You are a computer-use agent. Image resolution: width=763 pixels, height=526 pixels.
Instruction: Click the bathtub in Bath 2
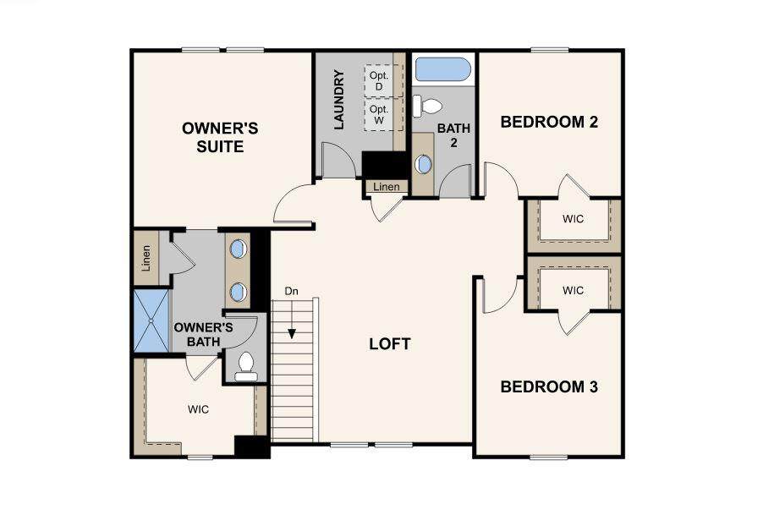pyautogui.click(x=442, y=69)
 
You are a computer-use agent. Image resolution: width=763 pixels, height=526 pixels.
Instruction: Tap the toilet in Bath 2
pyautogui.click(x=426, y=106)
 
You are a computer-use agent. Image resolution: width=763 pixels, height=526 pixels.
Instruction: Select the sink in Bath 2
pyautogui.click(x=424, y=164)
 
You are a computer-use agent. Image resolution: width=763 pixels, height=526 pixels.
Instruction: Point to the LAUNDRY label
pyautogui.click(x=339, y=100)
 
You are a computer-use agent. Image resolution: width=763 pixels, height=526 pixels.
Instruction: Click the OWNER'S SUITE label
pyautogui.click(x=220, y=137)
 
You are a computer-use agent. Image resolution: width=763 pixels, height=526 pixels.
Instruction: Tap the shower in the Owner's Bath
pyautogui.click(x=151, y=321)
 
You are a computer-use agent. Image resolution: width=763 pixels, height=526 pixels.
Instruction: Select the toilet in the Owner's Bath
pyautogui.click(x=246, y=367)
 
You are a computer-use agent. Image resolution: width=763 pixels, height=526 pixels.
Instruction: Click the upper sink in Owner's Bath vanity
pyautogui.click(x=238, y=249)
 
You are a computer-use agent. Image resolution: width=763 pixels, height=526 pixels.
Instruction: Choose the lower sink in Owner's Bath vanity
pyautogui.click(x=238, y=293)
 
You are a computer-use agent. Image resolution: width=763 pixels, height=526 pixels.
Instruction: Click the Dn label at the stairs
pyautogui.click(x=292, y=291)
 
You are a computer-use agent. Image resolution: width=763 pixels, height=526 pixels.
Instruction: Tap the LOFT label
pyautogui.click(x=390, y=344)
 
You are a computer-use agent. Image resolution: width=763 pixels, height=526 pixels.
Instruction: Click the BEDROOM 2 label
pyautogui.click(x=549, y=122)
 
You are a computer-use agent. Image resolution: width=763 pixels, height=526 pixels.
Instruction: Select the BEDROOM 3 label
pyautogui.click(x=549, y=386)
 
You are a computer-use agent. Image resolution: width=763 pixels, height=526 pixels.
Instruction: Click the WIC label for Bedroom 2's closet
pyautogui.click(x=573, y=219)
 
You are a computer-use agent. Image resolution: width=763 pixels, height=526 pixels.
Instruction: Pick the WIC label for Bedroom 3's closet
pyautogui.click(x=573, y=291)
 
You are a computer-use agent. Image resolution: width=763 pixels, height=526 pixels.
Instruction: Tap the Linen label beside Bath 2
pyautogui.click(x=387, y=186)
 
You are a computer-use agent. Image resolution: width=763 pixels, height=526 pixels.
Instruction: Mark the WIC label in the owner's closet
pyautogui.click(x=198, y=409)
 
